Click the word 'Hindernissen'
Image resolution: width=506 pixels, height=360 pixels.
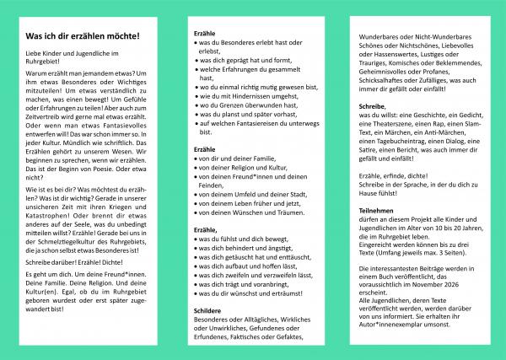pyautogui.click(x=245, y=95)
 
